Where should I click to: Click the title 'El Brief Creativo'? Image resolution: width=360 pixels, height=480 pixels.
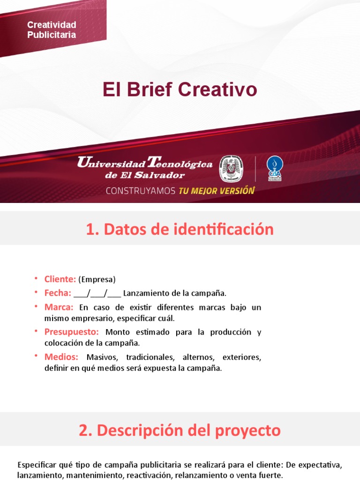pyautogui.click(x=180, y=89)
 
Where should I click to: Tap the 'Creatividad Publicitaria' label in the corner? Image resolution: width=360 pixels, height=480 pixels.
pyautogui.click(x=52, y=30)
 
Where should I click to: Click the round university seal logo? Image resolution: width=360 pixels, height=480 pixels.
pyautogui.click(x=231, y=169)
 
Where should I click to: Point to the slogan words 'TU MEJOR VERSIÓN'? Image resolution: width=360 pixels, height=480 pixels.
pyautogui.click(x=216, y=191)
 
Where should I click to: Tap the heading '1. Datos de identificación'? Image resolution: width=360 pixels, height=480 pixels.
pyautogui.click(x=180, y=229)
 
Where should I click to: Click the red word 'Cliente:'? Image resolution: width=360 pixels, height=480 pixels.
pyautogui.click(x=60, y=279)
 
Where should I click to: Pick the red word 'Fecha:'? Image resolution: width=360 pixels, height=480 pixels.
pyautogui.click(x=58, y=293)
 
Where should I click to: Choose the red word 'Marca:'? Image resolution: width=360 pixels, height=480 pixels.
pyautogui.click(x=59, y=307)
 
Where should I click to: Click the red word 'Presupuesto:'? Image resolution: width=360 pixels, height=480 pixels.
pyautogui.click(x=72, y=332)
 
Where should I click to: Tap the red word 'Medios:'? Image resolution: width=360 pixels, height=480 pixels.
pyautogui.click(x=61, y=357)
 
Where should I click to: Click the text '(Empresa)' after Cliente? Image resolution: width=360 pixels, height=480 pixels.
pyautogui.click(x=97, y=280)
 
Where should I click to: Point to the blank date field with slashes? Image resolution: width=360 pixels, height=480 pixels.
pyautogui.click(x=97, y=294)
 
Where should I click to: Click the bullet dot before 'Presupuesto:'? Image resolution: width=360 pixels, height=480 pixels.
pyautogui.click(x=36, y=331)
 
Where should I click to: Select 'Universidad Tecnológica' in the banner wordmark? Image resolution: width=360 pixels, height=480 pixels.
pyautogui.click(x=144, y=164)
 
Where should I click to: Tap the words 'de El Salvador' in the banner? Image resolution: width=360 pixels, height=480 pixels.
pyautogui.click(x=145, y=175)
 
